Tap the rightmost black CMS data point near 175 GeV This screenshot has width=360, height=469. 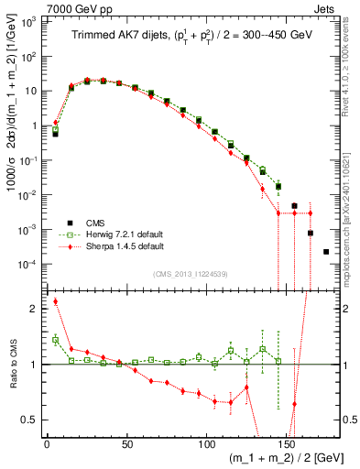click(x=326, y=251)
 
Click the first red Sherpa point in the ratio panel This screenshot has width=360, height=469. click(x=55, y=301)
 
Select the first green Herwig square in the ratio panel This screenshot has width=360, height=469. click(x=55, y=340)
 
